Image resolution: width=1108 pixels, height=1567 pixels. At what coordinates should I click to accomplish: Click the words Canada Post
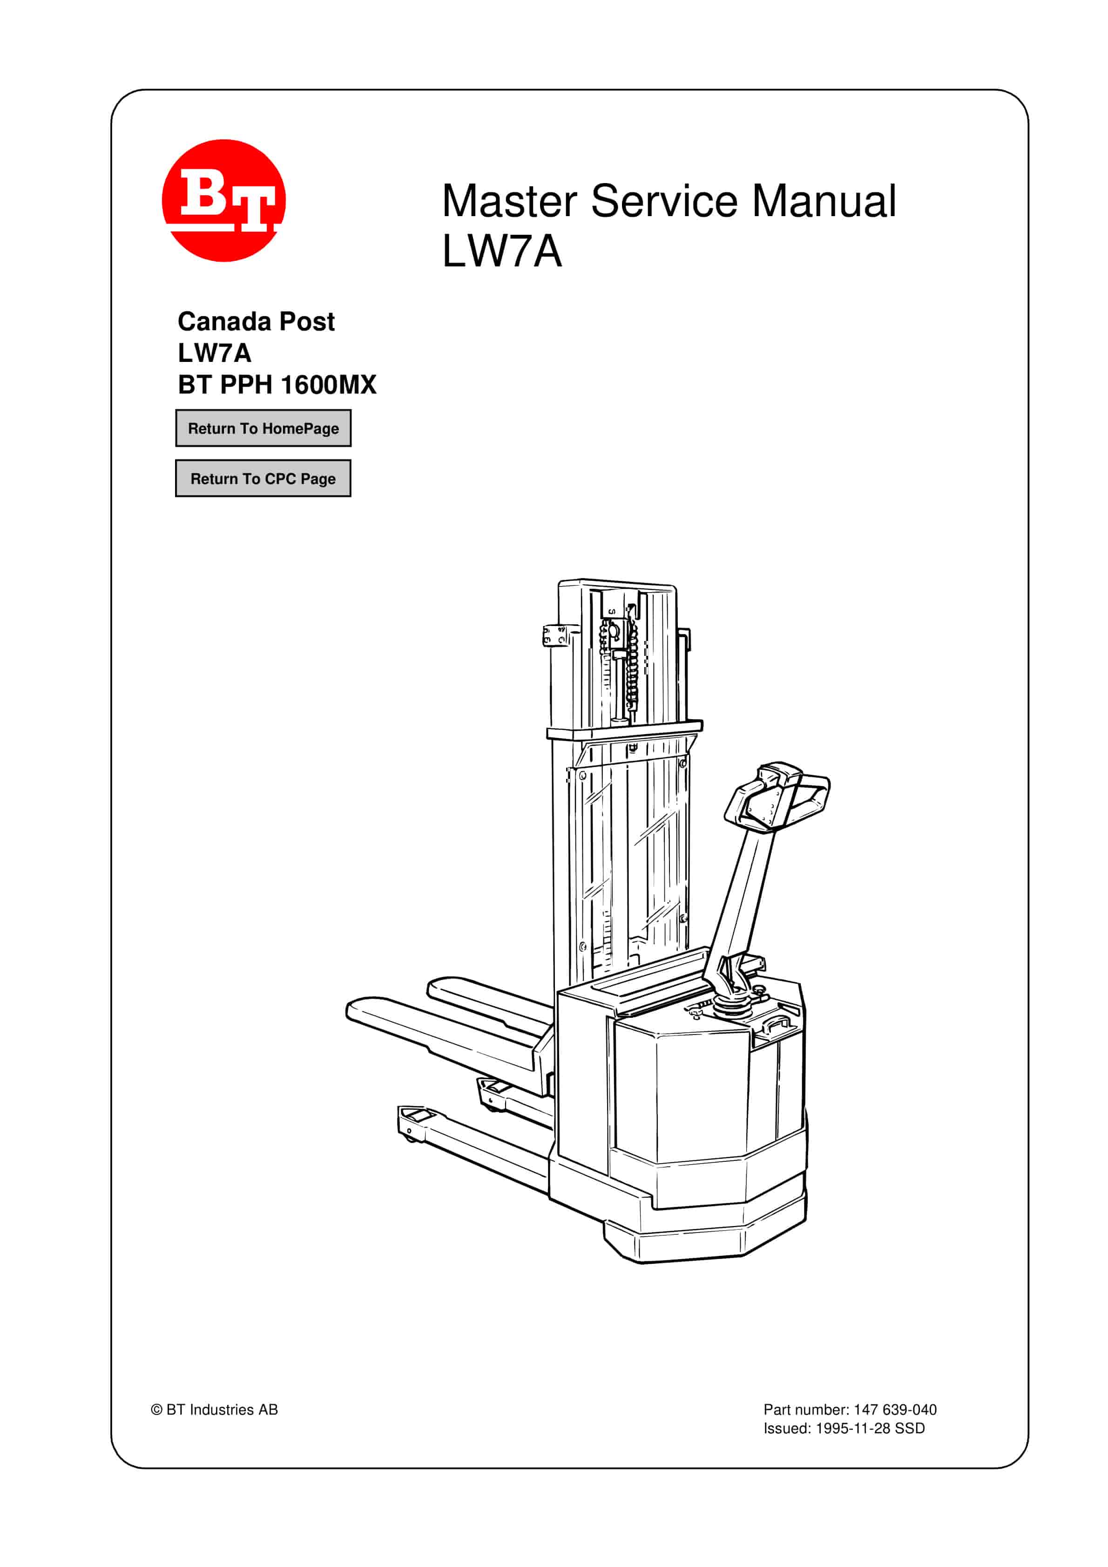point(256,321)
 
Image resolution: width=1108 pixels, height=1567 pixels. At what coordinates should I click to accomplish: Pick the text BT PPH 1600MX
point(277,385)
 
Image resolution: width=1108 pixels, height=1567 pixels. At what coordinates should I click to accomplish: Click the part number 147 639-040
point(894,1410)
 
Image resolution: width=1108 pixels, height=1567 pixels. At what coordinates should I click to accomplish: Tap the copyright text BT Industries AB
point(222,1410)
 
